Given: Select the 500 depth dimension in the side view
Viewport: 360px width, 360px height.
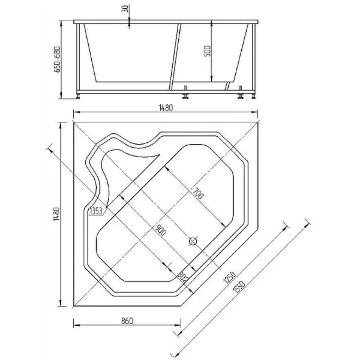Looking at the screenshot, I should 208,51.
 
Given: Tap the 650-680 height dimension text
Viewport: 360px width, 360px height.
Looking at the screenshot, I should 58,60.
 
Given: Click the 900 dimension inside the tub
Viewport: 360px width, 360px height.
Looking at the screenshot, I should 160,230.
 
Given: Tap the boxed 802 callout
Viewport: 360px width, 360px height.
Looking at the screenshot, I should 183,277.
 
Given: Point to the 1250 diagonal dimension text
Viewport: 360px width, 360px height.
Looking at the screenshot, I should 228,278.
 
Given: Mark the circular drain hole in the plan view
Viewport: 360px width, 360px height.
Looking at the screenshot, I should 193,242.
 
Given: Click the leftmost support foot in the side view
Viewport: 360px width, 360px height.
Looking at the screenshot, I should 79,95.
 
